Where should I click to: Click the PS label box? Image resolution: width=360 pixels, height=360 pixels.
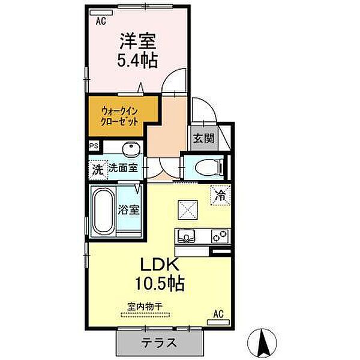point(94,146)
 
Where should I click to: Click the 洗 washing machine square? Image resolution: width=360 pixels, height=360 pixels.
point(97,169)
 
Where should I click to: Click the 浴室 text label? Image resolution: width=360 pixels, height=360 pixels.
point(129,210)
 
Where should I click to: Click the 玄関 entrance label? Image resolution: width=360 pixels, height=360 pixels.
point(203,138)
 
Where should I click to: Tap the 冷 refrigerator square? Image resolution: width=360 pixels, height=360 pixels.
point(220,194)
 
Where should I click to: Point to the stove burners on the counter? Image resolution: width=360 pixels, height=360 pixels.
point(217,236)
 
